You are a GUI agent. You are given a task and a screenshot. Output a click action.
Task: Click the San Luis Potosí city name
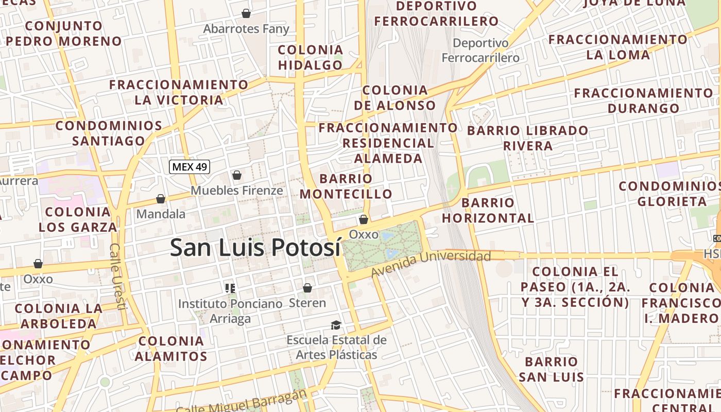click(x=255, y=248)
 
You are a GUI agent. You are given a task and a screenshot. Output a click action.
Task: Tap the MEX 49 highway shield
click(x=190, y=166)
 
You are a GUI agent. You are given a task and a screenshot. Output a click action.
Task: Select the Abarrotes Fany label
click(x=246, y=29)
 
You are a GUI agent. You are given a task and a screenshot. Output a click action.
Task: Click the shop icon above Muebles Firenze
click(x=237, y=176)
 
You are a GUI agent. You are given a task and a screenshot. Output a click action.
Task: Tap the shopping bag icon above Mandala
click(x=161, y=199)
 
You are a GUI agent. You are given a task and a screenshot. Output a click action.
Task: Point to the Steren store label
click(x=307, y=303)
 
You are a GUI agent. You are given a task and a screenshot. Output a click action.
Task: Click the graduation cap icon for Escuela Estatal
click(x=336, y=325)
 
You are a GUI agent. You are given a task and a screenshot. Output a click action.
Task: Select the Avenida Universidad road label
click(x=431, y=263)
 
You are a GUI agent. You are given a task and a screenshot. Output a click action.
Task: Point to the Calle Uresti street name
click(x=117, y=276)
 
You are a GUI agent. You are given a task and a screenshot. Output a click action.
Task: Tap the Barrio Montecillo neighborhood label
click(x=346, y=186)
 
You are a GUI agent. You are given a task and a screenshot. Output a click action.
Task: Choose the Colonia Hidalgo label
click(x=310, y=57)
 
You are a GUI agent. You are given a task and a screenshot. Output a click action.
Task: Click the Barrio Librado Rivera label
click(x=527, y=138)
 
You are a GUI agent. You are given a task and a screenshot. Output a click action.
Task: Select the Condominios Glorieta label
click(x=669, y=194)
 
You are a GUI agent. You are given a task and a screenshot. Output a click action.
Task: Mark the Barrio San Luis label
click(x=551, y=369)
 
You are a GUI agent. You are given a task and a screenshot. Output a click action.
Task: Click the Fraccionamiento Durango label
click(x=643, y=100)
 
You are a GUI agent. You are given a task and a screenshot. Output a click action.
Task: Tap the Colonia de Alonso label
click(x=395, y=98)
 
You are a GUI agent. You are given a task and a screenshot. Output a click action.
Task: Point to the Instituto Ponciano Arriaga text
click(x=230, y=311)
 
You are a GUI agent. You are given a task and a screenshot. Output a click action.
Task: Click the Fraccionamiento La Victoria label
click(x=179, y=92)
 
